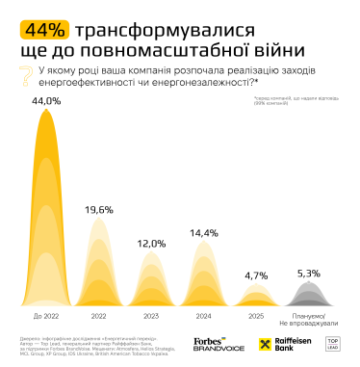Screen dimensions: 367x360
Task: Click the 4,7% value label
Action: tap(256, 275)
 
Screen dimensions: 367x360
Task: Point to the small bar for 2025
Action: tap(256, 296)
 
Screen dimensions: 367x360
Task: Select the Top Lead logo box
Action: tap(336, 343)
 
